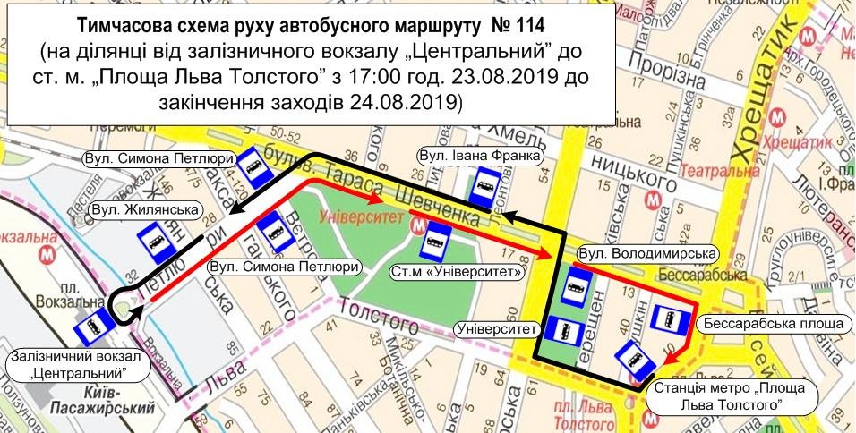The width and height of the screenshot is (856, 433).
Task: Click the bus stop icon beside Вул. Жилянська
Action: [155, 241]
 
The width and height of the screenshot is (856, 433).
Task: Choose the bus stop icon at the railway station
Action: [92, 329]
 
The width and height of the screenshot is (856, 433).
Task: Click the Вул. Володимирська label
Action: [647, 254]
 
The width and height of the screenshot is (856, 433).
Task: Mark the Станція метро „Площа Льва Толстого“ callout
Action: [724, 396]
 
